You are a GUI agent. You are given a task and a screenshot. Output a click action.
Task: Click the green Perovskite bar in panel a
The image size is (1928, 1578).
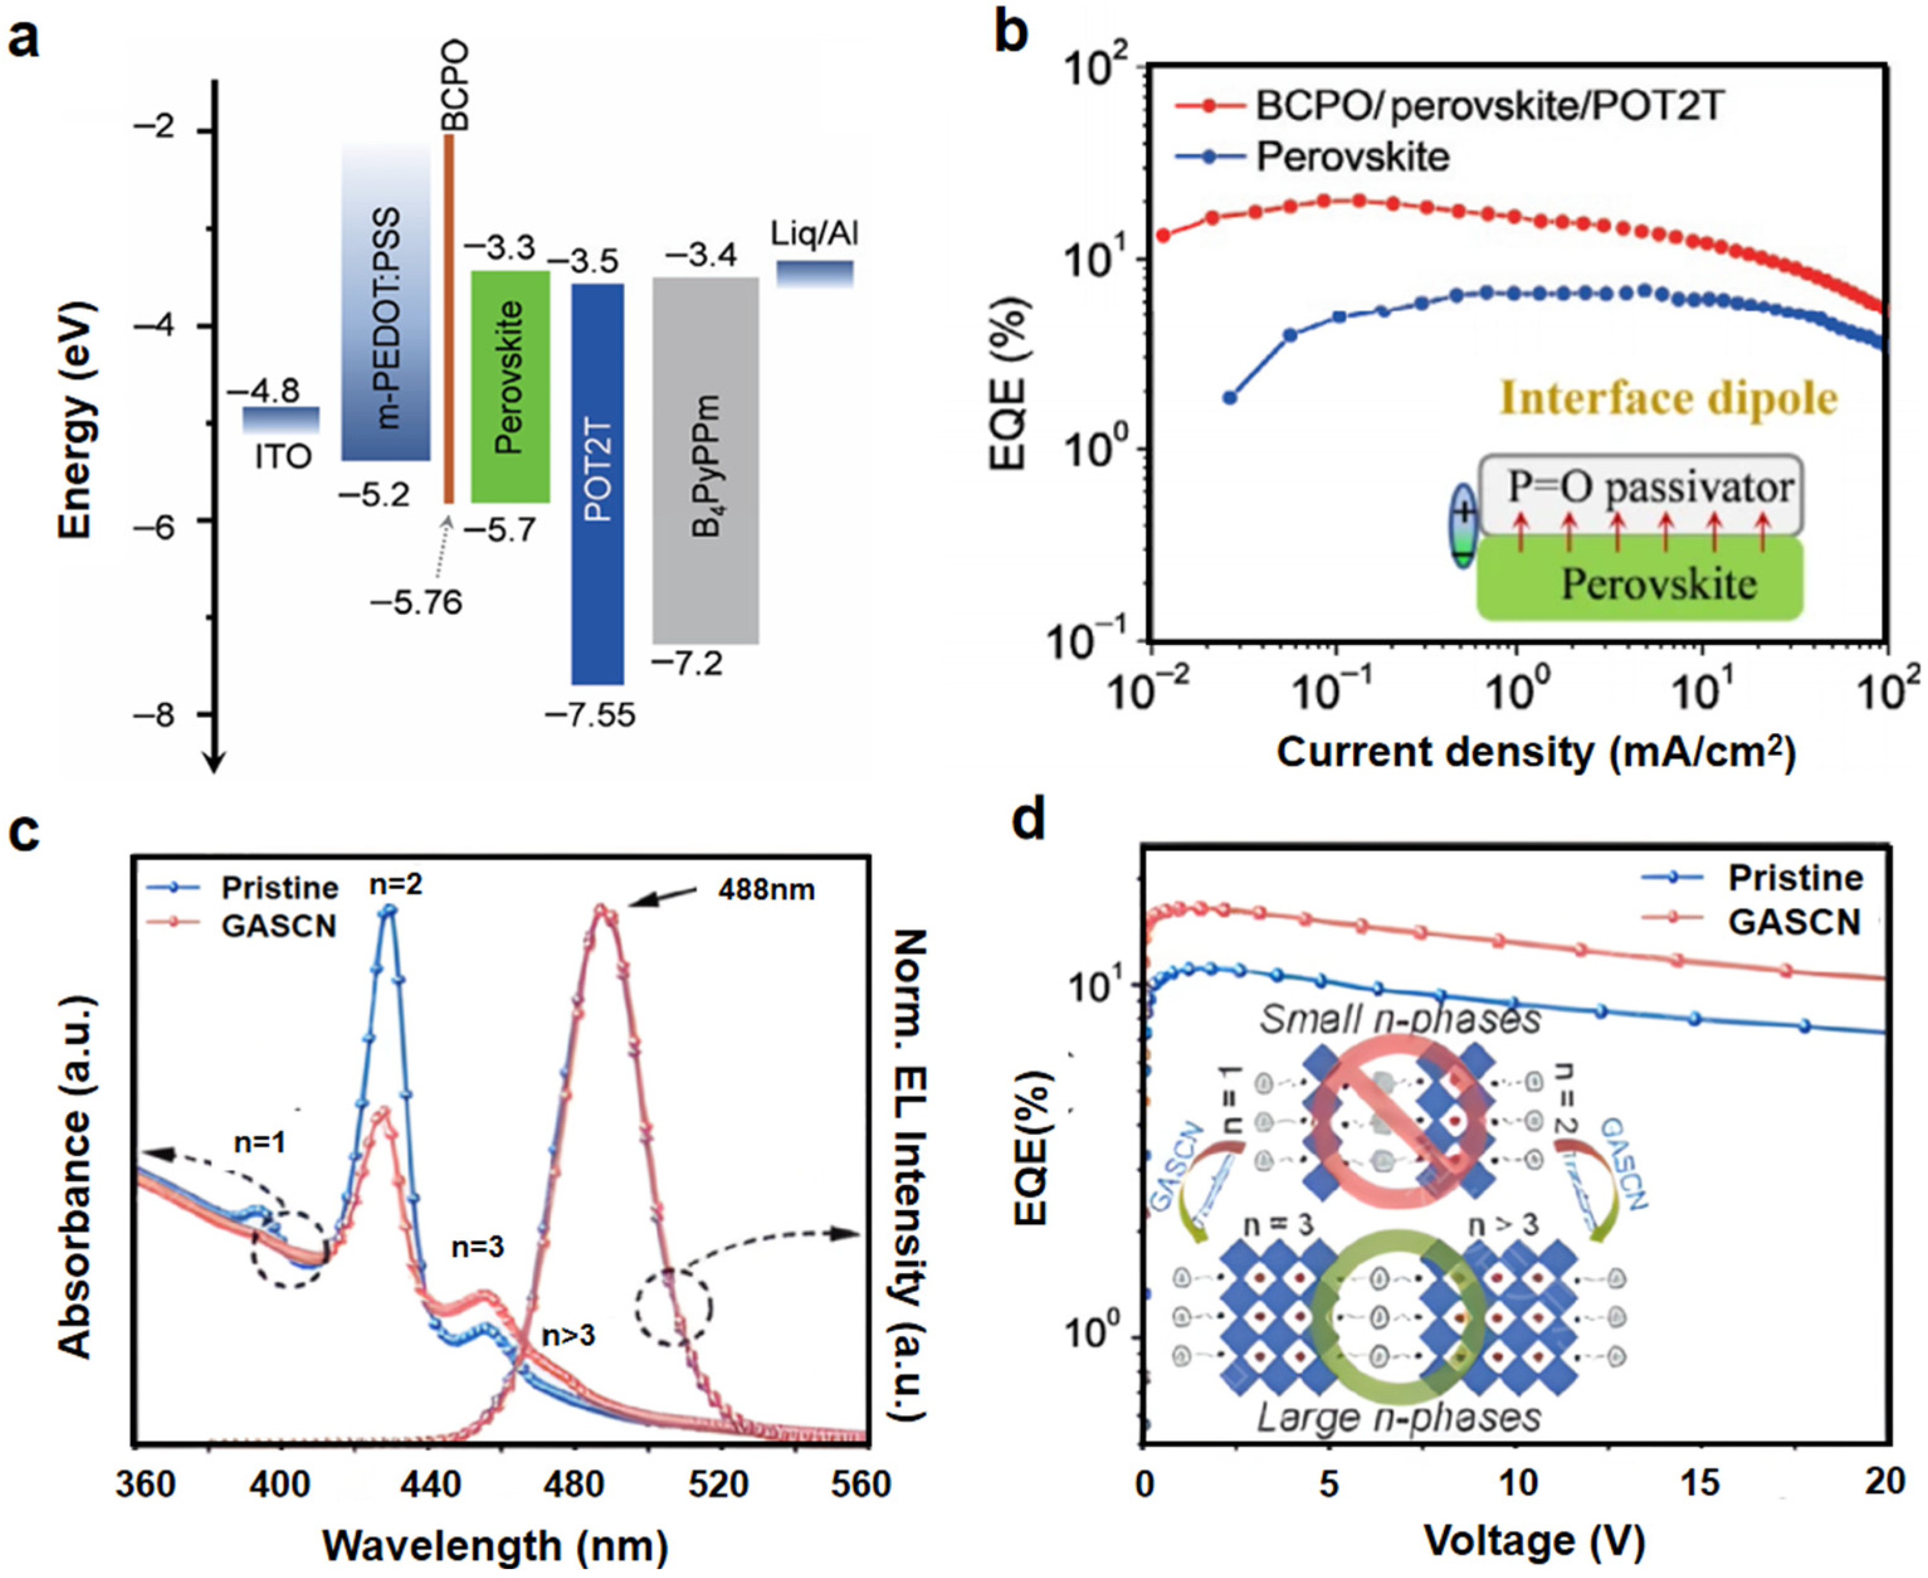click(510, 386)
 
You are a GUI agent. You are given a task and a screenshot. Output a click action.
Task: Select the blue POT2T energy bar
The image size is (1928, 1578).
click(597, 483)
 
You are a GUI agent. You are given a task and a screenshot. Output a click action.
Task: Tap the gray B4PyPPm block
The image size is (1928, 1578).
click(706, 460)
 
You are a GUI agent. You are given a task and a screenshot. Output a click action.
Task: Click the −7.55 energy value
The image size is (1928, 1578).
click(590, 715)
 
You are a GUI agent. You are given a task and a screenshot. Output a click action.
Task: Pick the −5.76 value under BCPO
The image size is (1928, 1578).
click(416, 602)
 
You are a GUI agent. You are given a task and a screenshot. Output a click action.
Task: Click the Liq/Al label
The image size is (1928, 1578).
click(814, 234)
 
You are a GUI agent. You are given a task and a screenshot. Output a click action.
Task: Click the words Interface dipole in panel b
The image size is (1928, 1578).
click(1668, 398)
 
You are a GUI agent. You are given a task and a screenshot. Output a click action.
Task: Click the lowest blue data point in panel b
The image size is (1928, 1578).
click(1230, 397)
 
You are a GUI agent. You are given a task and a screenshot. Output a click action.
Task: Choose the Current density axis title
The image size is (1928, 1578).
click(1536, 753)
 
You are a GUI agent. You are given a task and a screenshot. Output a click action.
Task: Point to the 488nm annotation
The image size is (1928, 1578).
click(767, 889)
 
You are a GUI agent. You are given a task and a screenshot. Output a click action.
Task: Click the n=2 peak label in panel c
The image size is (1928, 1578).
click(396, 883)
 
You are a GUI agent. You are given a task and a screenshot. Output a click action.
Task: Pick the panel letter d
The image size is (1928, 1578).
click(1030, 821)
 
